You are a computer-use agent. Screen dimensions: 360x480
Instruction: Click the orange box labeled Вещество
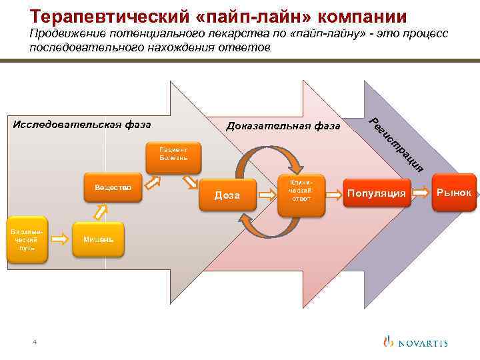[113, 188]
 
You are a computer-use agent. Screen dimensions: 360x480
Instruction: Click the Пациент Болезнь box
[173, 154]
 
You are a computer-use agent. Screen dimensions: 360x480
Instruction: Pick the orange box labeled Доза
[227, 194]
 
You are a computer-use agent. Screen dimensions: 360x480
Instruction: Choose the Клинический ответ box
[301, 190]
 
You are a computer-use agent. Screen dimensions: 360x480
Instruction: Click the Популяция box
[376, 193]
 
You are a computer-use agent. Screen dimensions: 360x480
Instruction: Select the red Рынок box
[454, 192]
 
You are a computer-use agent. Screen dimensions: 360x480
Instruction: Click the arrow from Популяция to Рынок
[420, 193]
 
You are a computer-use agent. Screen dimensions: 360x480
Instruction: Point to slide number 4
[35, 342]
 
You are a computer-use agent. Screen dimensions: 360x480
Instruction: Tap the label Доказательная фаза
[283, 126]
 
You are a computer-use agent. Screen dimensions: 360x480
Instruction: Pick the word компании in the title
[361, 15]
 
